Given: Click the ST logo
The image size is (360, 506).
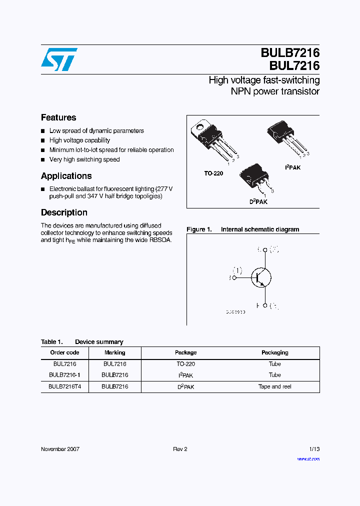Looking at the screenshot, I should tap(59, 59).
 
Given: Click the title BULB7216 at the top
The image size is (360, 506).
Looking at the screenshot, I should tap(289, 53).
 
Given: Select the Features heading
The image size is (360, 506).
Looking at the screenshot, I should tap(58, 117).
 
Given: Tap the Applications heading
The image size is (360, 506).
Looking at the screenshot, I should tap(66, 176).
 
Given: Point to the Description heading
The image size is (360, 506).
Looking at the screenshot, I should tap(64, 212).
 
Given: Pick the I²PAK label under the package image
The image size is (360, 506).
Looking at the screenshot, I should tap(292, 167).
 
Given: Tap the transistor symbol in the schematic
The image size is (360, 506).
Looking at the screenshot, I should tap(260, 277).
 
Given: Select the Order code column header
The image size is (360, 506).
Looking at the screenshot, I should tap(65, 352).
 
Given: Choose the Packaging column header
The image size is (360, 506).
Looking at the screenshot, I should tap(274, 352).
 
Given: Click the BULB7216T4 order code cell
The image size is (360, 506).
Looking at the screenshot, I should tap(65, 386).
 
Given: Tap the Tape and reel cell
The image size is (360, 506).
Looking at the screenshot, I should tap(274, 386).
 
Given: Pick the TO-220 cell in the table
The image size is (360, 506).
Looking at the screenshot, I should tap(185, 364).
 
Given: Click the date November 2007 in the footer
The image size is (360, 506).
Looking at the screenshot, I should tap(60, 449).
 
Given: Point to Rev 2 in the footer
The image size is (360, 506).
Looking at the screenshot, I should tap(180, 449).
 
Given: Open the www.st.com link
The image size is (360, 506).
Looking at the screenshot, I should tap(308, 458).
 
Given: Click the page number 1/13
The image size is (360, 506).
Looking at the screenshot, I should tap(314, 449).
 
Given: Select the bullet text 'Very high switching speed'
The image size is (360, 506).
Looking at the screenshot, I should tap(84, 159).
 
